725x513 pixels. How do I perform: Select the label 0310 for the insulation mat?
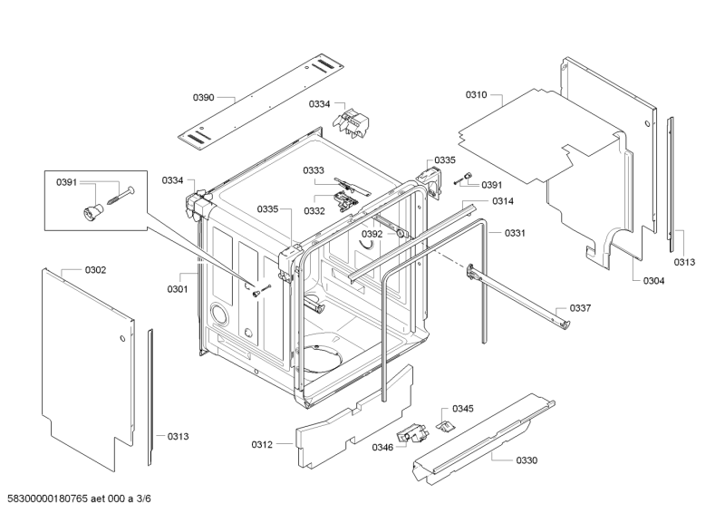pos(477,95)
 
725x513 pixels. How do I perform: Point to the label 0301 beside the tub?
pos(177,290)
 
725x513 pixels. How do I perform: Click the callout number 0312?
pos(262,444)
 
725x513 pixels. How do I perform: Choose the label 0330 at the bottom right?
pos(527,460)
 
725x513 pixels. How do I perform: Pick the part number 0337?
pos(580,308)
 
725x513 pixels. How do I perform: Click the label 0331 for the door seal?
pos(515,233)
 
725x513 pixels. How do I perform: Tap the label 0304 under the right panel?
pos(653,281)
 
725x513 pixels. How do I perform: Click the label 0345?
pos(463,409)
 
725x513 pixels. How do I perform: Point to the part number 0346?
pos(382,446)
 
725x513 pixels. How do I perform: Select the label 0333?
pos(314,170)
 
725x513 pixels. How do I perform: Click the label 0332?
pos(314,210)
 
